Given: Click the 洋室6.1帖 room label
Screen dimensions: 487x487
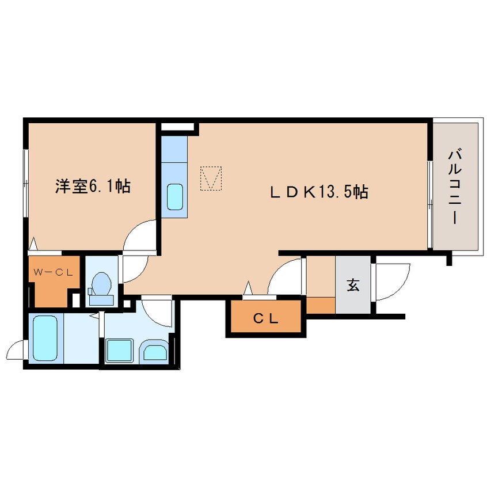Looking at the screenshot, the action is tap(93, 187).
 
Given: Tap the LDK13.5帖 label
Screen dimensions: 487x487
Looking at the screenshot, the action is tap(319, 192).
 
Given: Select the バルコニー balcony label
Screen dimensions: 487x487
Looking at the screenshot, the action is tap(454, 187).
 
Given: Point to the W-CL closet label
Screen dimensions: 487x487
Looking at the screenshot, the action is tap(53, 273).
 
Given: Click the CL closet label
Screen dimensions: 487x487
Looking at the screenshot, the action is tap(266, 318).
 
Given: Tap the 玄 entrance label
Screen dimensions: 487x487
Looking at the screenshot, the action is tap(353, 284).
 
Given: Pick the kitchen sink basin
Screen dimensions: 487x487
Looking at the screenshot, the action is tap(175, 197).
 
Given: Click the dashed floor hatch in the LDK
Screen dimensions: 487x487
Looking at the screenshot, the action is tap(211, 178).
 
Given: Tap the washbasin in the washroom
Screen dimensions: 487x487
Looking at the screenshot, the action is tap(155, 352).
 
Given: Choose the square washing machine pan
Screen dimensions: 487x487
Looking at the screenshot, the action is tap(120, 351).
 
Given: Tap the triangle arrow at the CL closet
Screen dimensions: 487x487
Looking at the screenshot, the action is tap(248, 288).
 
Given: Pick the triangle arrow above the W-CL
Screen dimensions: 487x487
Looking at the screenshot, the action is tap(33, 243).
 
